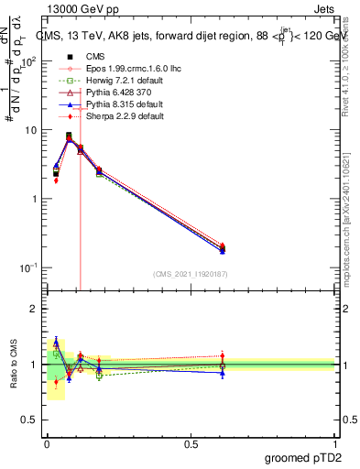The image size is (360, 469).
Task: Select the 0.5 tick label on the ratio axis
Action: click(31, 420)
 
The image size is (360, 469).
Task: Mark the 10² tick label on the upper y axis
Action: click(28, 61)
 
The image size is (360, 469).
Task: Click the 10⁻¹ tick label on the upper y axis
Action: click(28, 267)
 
